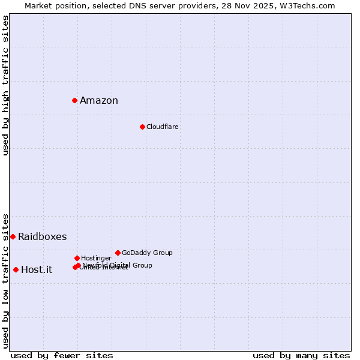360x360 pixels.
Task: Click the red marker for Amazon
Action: [75, 100]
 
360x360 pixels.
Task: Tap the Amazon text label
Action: [99, 101]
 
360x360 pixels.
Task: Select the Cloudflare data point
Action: [142, 127]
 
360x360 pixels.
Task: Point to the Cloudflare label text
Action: [163, 127]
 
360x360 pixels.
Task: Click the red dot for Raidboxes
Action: [13, 236]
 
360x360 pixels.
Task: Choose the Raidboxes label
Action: [43, 237]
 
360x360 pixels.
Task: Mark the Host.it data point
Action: [16, 269]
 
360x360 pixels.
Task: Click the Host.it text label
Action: [37, 270]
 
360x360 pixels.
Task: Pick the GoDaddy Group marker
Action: [118, 253]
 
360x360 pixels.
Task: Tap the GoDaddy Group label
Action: [147, 253]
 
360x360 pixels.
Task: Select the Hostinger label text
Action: [96, 259]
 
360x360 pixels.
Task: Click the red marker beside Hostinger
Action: [77, 258]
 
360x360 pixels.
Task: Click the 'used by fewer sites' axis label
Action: [62, 356]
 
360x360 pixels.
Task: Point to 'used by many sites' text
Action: [301, 356]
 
